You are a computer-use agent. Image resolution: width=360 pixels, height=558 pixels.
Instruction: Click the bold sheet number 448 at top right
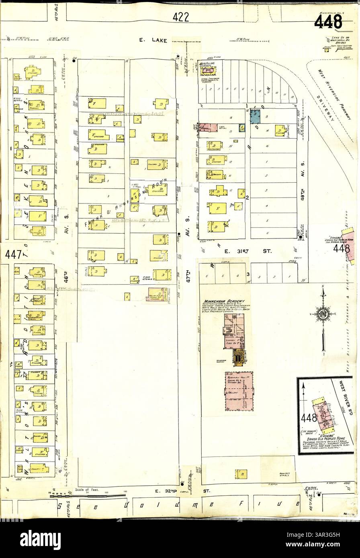coord(328,22)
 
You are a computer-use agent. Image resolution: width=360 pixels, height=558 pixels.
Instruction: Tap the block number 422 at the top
coord(181,17)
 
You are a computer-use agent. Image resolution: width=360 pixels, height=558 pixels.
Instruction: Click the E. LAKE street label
coord(153,40)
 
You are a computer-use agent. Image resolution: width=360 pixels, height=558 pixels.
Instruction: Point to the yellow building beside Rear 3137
coord(241,474)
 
